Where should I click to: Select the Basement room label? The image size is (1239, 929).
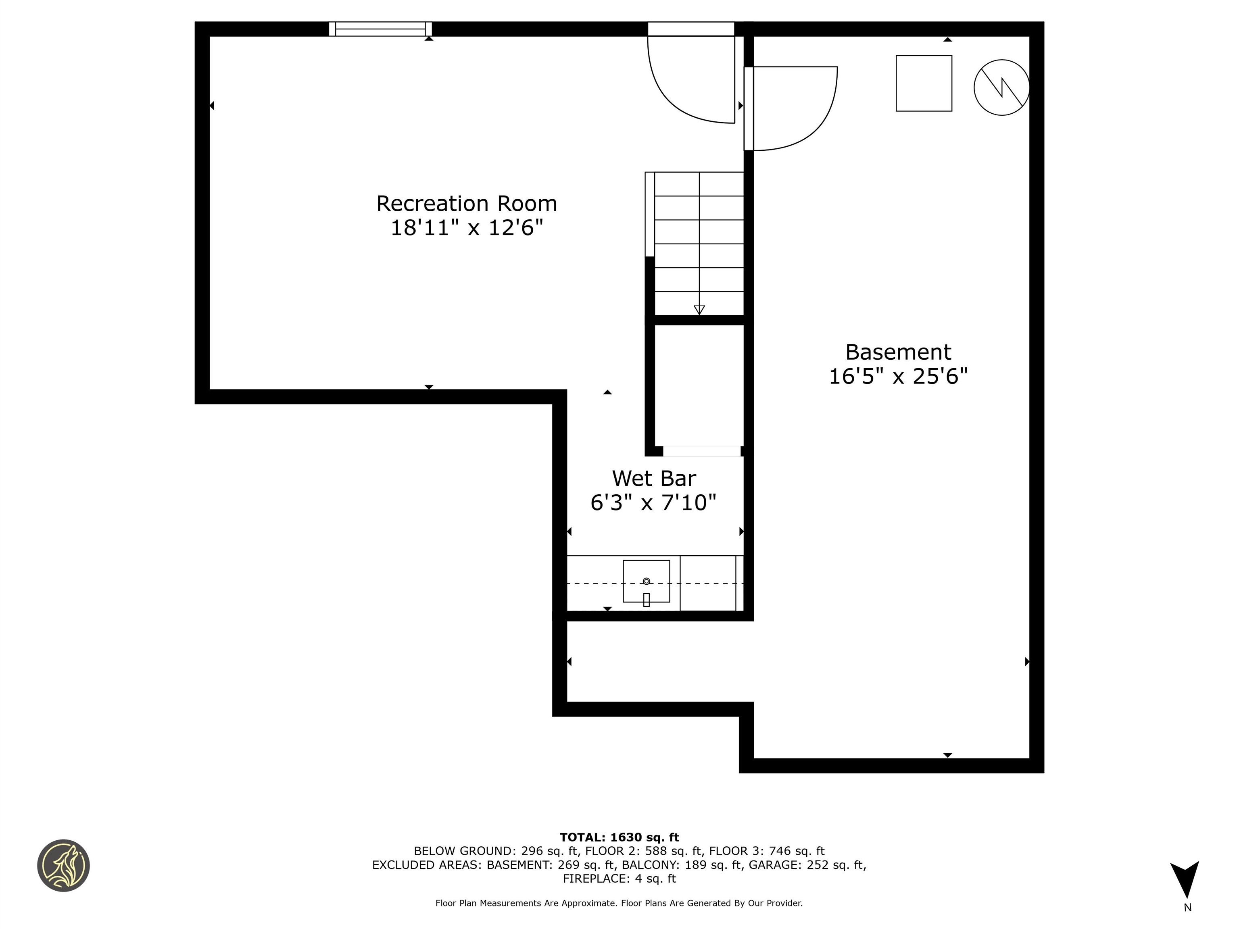[x=898, y=352]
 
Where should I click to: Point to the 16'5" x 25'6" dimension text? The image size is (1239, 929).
[x=898, y=376]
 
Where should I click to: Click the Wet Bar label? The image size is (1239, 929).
[x=654, y=479]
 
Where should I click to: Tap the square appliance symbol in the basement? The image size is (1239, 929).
[x=924, y=83]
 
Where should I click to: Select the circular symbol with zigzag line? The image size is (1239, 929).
[x=1001, y=87]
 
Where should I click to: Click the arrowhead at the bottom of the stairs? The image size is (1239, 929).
[x=699, y=310]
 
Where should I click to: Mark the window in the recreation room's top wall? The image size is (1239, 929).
[x=380, y=29]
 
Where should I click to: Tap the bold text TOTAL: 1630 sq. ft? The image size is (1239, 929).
[x=619, y=837]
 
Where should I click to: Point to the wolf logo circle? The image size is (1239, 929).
[x=63, y=865]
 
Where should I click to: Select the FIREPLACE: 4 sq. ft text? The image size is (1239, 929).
[x=619, y=879]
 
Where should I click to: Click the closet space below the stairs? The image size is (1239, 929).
[x=699, y=386]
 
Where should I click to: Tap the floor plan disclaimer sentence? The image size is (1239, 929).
[x=619, y=903]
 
